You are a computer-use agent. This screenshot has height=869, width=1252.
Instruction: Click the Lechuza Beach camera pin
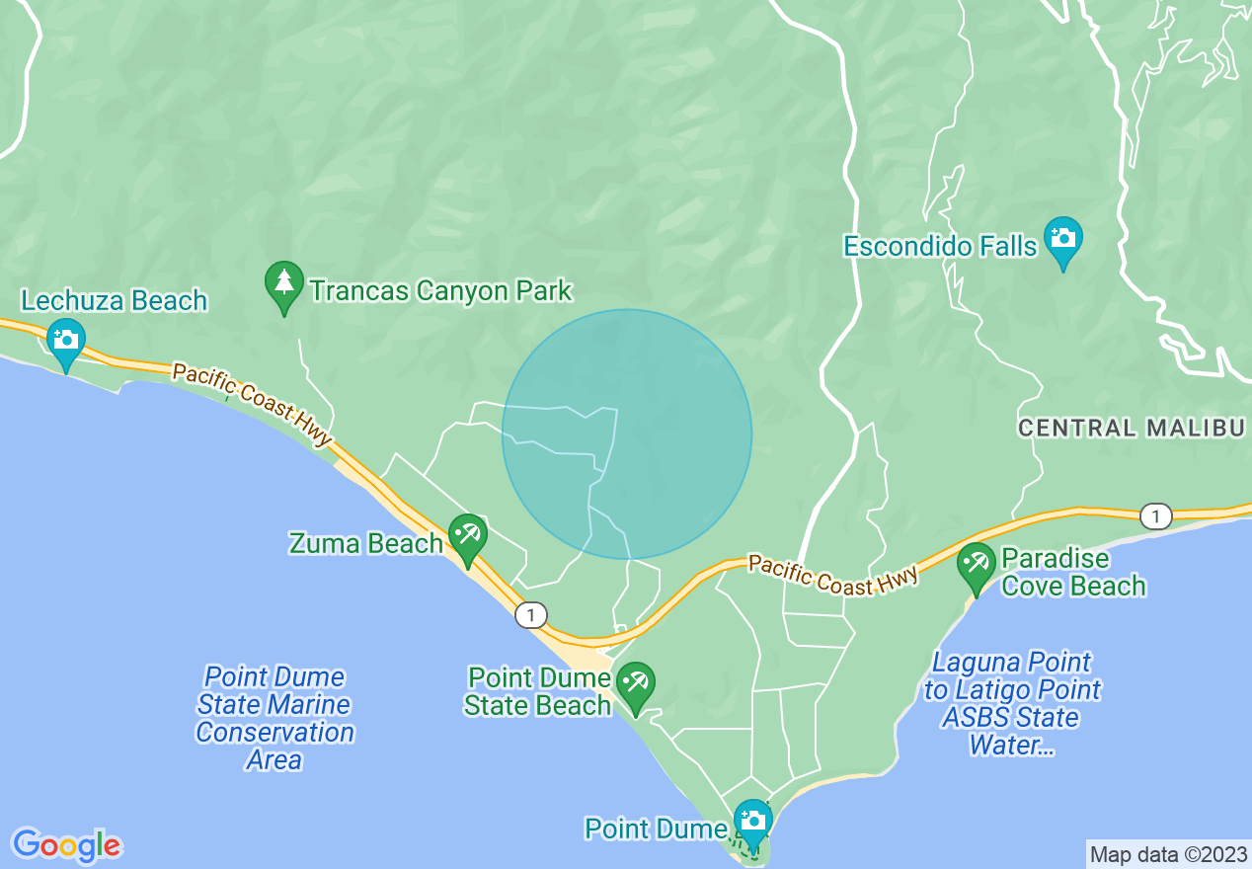pos(66,342)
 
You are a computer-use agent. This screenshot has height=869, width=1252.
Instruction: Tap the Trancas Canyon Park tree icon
pos(284,284)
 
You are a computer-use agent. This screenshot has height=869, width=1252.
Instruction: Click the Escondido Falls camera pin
pos(1062,240)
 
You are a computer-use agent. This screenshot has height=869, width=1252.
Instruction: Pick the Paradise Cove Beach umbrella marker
pos(977,566)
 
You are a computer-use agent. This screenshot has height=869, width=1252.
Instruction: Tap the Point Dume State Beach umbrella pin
pos(636,684)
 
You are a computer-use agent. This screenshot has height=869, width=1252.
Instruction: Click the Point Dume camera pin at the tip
pos(753,823)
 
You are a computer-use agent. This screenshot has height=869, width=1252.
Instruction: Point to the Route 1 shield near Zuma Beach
pos(531,615)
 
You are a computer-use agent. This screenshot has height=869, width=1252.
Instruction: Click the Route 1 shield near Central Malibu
pos(1154,514)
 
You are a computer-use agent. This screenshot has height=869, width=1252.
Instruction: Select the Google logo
pos(66,845)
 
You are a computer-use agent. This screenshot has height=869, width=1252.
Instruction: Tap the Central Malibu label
pos(1131,428)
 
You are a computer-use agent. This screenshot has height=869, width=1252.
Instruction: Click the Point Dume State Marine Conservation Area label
pos(274,718)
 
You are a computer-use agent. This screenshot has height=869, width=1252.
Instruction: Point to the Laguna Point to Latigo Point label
pos(1012,703)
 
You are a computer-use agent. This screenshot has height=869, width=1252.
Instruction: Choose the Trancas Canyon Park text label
pos(440,290)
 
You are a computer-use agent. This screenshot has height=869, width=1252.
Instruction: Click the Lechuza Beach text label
pos(115,300)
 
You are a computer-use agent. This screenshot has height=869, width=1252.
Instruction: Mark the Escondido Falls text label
pos(940,245)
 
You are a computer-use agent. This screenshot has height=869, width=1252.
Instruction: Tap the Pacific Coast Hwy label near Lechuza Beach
pos(251,406)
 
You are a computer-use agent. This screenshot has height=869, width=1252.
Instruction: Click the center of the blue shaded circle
pos(627,434)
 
